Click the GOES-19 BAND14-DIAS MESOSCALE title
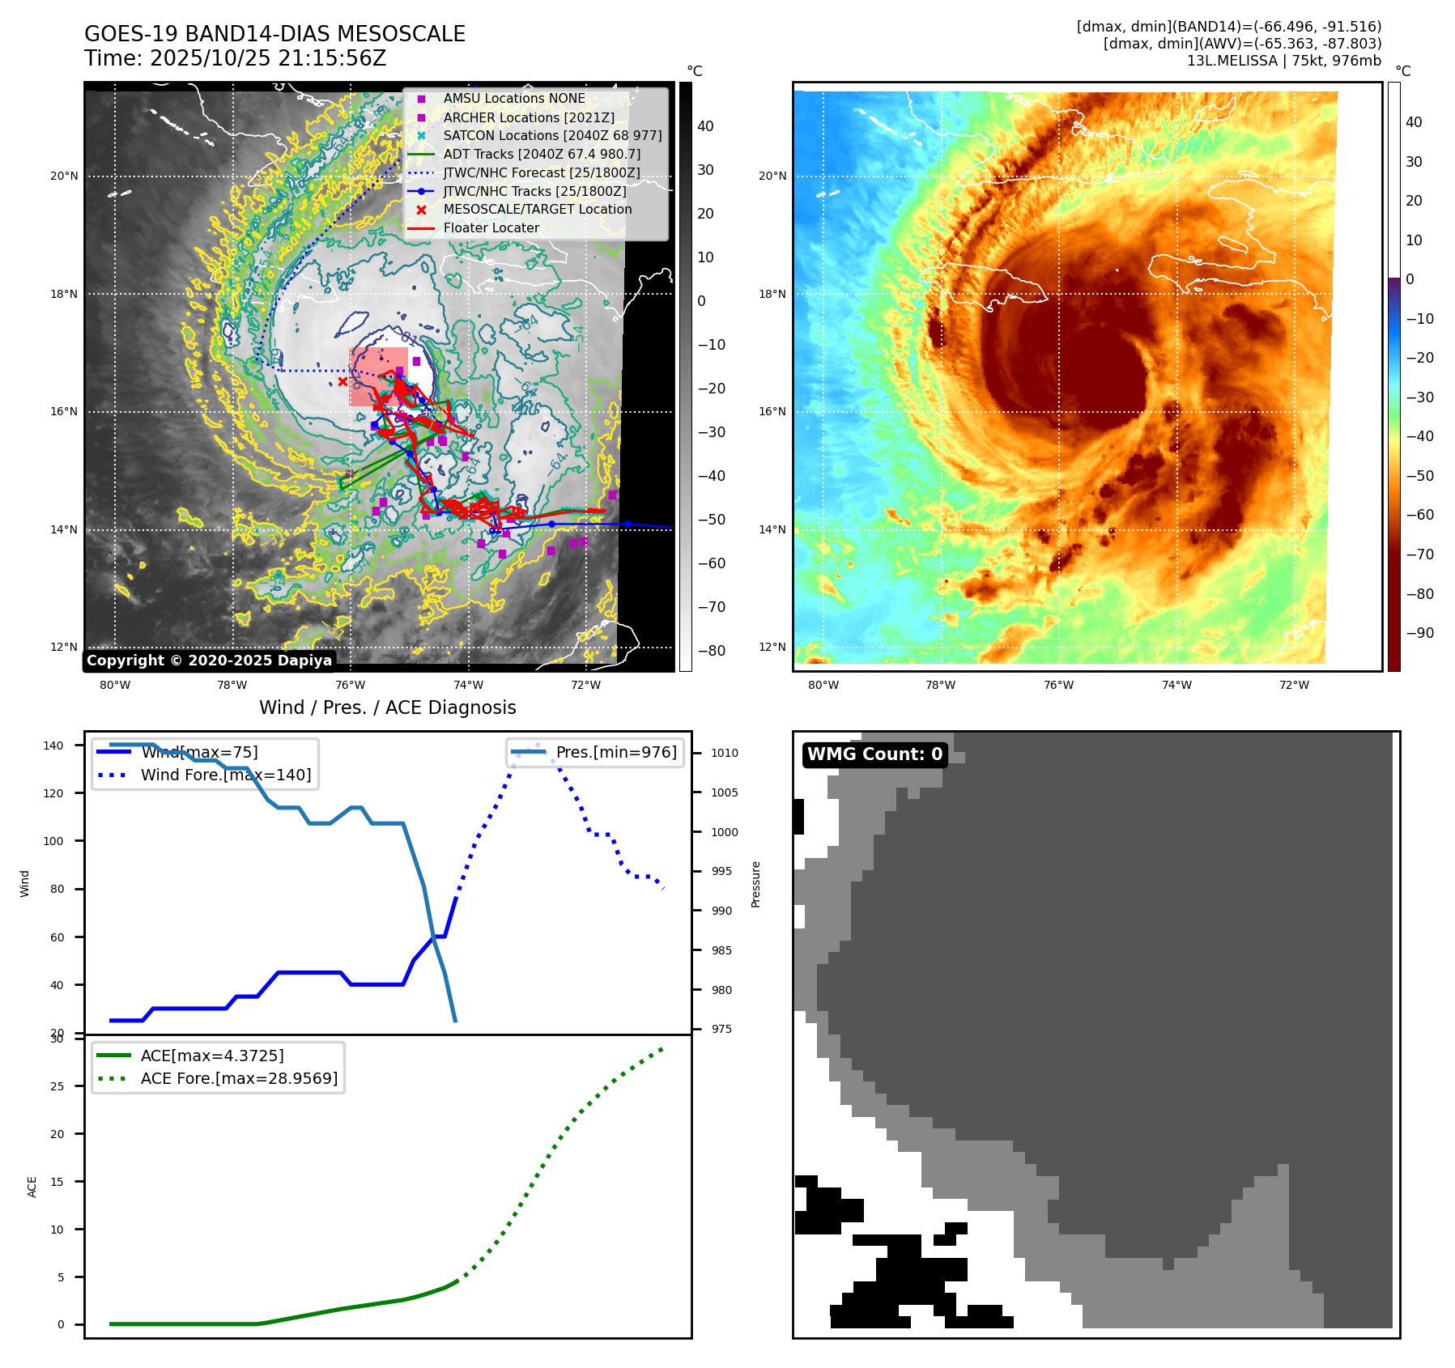274,34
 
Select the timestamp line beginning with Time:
235,58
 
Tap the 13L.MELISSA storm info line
1283,61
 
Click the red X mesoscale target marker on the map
342,381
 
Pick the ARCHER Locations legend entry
528,117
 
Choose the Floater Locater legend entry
491,227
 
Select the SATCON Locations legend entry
552,135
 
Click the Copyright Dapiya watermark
209,661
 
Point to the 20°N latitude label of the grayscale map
65,176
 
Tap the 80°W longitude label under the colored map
823,685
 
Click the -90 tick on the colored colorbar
1419,633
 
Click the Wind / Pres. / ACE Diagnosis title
387,707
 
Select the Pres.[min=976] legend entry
615,752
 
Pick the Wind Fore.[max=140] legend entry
225,775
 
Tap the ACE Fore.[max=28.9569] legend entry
239,1078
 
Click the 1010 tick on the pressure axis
724,753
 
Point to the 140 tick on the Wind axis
53,746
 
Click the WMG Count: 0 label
874,754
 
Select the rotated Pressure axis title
755,884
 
